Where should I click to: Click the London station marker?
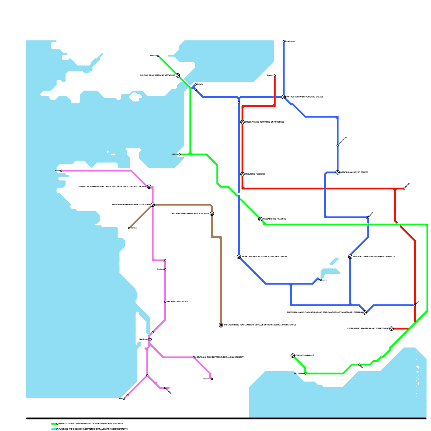tap(158, 56)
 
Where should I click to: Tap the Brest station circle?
tap(61, 171)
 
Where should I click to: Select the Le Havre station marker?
tap(179, 154)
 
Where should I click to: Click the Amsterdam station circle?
tap(284, 41)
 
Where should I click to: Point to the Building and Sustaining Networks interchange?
tap(178, 75)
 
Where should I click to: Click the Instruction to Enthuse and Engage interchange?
tap(284, 97)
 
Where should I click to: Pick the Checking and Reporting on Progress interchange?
tap(242, 122)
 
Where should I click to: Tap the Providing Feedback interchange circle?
tap(242, 174)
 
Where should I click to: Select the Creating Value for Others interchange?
tap(338, 172)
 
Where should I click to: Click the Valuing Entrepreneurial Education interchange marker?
tap(212, 214)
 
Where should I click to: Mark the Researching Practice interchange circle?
tap(260, 219)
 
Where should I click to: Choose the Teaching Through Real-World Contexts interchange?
tap(350, 257)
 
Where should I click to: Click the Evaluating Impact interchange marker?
tap(293, 356)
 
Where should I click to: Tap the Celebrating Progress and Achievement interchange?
tap(391, 329)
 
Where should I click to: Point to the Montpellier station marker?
tap(305, 374)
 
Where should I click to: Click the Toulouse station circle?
tap(212, 379)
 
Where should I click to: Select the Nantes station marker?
tap(129, 228)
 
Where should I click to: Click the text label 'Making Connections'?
tap(177, 302)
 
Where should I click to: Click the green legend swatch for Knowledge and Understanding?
tap(54, 424)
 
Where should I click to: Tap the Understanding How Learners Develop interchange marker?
tap(221, 325)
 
